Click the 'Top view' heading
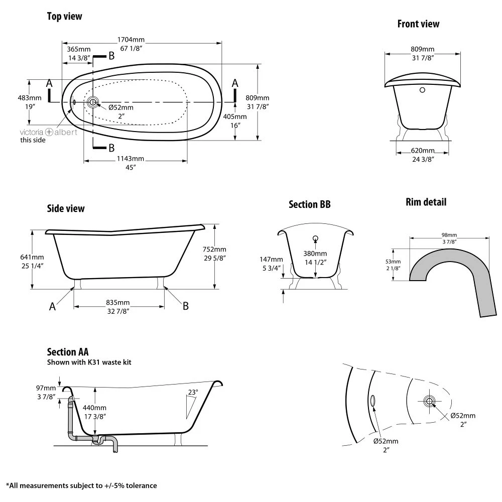[64, 17]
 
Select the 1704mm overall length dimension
[131, 39]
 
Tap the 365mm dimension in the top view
[78, 49]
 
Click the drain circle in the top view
[93, 102]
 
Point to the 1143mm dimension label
[131, 159]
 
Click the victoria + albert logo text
[48, 132]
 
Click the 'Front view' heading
[418, 24]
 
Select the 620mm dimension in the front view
[422, 151]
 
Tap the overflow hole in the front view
[422, 90]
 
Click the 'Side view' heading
[66, 208]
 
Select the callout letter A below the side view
[52, 307]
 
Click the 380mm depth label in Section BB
[315, 254]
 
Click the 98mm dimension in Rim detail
[449, 234]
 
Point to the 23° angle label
[193, 392]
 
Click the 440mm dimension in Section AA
[95, 408]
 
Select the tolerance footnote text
[81, 485]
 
